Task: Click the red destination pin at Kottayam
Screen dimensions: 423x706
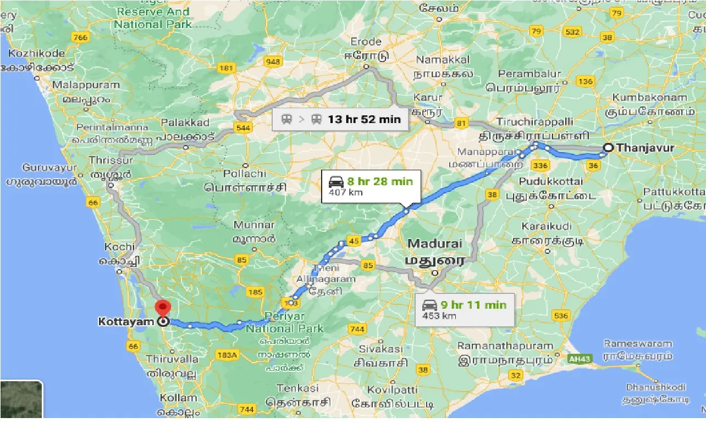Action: (x=163, y=308)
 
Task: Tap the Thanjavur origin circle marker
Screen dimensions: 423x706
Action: (x=608, y=148)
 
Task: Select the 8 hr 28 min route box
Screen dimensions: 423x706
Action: (x=371, y=186)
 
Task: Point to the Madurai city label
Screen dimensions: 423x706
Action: (x=434, y=243)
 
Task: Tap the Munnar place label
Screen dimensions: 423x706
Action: (x=253, y=225)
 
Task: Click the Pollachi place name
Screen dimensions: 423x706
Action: (x=245, y=174)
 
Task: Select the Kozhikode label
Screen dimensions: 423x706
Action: (x=36, y=54)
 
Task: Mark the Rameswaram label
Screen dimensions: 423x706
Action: (x=638, y=344)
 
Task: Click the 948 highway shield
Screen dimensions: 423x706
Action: (x=272, y=61)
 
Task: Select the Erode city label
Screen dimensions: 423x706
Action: (x=366, y=42)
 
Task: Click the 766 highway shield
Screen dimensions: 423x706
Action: (x=80, y=37)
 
